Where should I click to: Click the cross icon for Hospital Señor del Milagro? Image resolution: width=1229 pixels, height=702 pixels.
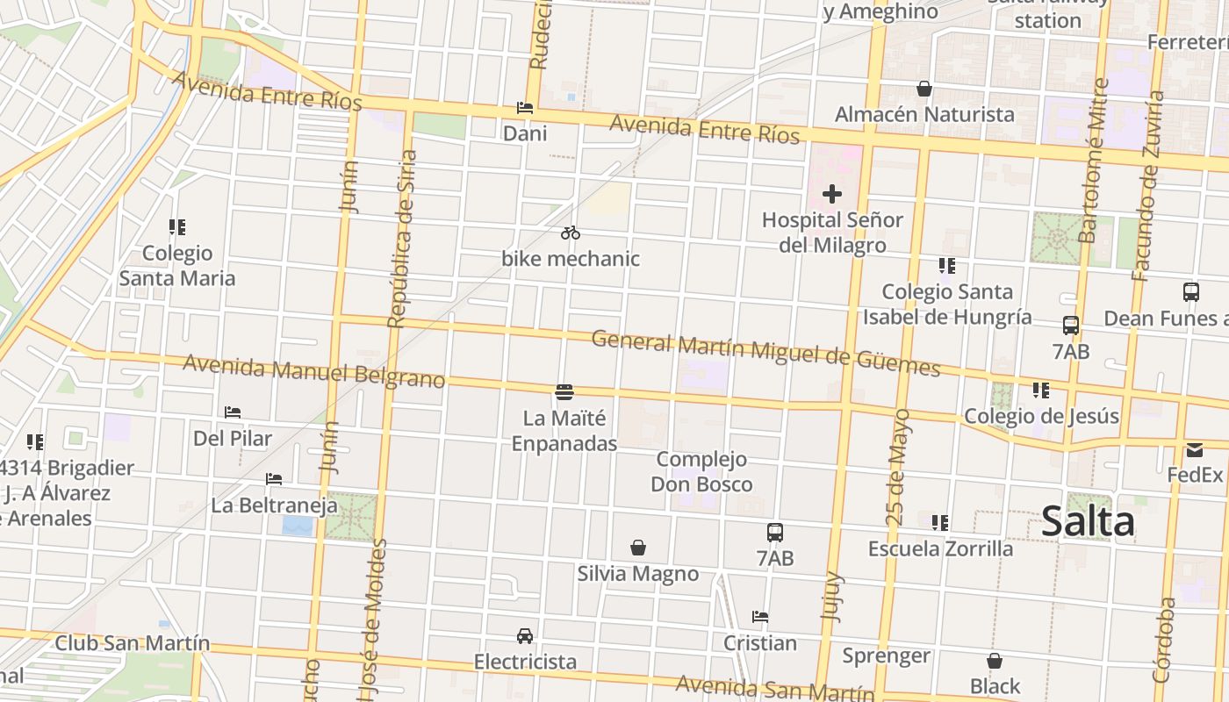pyautogui.click(x=832, y=194)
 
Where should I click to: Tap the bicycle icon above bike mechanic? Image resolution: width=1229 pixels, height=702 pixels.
pyautogui.click(x=571, y=233)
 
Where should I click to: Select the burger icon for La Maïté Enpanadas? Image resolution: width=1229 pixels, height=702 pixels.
pyautogui.click(x=564, y=391)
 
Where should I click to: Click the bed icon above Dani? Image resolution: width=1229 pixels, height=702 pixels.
pyautogui.click(x=525, y=108)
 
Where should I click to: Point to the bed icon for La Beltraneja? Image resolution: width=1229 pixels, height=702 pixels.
pyautogui.click(x=274, y=479)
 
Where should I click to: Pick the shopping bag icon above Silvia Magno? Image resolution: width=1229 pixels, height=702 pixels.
pyautogui.click(x=638, y=548)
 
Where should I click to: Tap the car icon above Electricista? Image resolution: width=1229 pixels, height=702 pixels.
pyautogui.click(x=525, y=635)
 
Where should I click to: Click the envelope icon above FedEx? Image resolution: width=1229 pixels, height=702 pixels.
pyautogui.click(x=1195, y=450)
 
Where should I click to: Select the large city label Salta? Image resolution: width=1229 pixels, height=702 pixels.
pyautogui.click(x=1088, y=521)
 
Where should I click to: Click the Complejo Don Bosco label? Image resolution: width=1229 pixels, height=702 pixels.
pyautogui.click(x=701, y=471)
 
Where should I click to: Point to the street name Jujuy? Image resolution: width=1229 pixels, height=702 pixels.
pyautogui.click(x=830, y=597)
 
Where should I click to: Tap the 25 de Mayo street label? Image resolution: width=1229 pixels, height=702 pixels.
pyautogui.click(x=898, y=467)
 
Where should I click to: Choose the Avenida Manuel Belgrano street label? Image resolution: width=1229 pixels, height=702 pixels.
pyautogui.click(x=313, y=370)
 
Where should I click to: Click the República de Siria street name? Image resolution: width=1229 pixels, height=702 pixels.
pyautogui.click(x=401, y=239)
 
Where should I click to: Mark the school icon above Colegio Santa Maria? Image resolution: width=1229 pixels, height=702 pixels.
pyautogui.click(x=177, y=228)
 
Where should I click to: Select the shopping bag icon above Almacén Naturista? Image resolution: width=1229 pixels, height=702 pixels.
pyautogui.click(x=924, y=89)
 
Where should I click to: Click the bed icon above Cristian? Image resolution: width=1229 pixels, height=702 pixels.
pyautogui.click(x=760, y=617)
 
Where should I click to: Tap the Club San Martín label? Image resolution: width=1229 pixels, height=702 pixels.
pyautogui.click(x=133, y=643)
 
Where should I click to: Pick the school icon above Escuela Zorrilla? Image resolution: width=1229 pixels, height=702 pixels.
pyautogui.click(x=940, y=523)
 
